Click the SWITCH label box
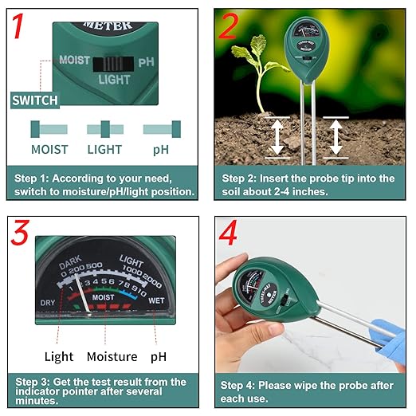pos(34,100)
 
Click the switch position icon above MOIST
pos(49,129)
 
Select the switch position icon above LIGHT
pos(104,129)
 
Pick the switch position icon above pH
pos(162,129)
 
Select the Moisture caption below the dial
pos(112,356)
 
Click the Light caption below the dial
pos(59,356)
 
